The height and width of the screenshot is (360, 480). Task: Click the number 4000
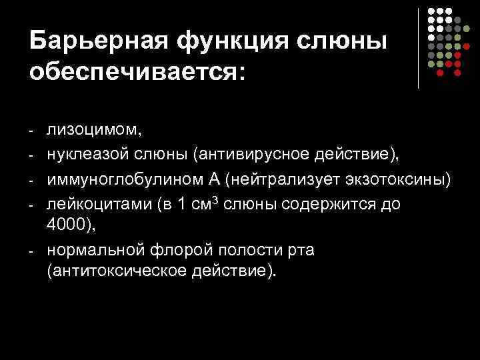[x=69, y=226]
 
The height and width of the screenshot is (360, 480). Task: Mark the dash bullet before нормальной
[x=32, y=251]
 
